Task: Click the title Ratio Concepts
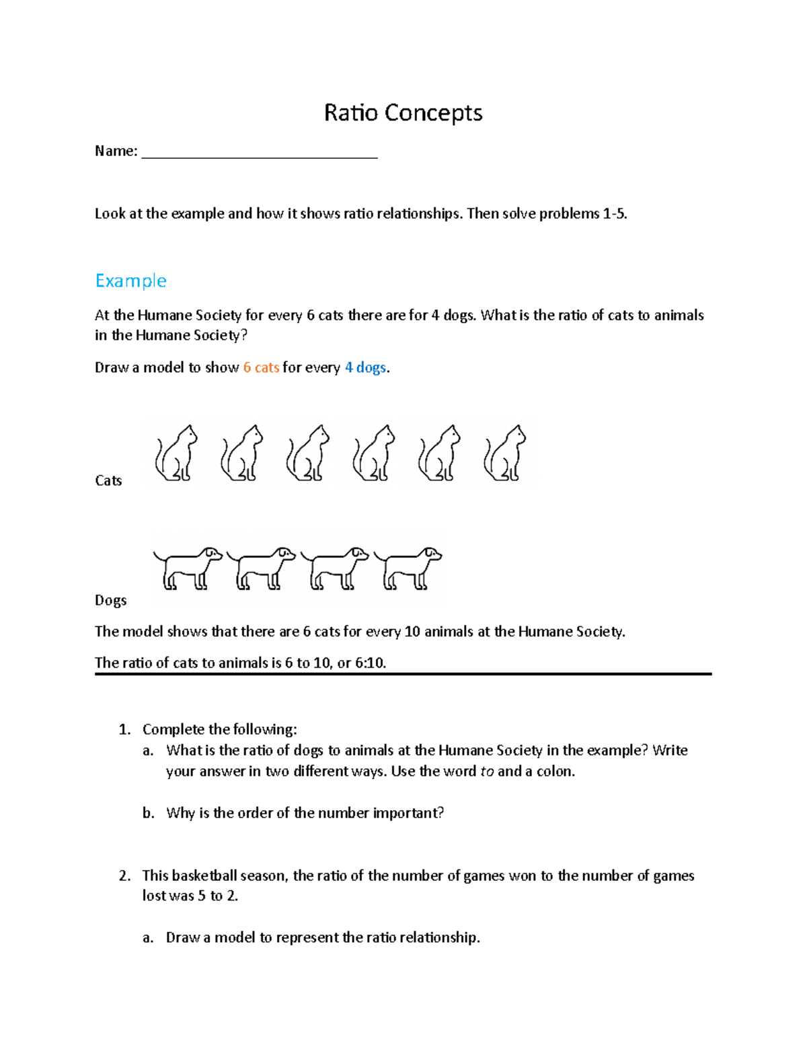pos(403,112)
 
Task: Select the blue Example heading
pos(130,281)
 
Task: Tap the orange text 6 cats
pos(261,367)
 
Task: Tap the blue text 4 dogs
pos(365,367)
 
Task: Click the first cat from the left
pos(177,454)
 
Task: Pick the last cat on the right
pos(505,454)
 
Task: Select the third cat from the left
pos(308,454)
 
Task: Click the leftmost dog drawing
pos(188,569)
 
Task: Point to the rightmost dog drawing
pos(408,569)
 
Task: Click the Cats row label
pos(108,480)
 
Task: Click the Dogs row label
pos(110,600)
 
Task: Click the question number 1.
pos(124,729)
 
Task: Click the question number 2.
pos(124,875)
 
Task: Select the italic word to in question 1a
pos(487,771)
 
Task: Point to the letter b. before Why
pos(148,813)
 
